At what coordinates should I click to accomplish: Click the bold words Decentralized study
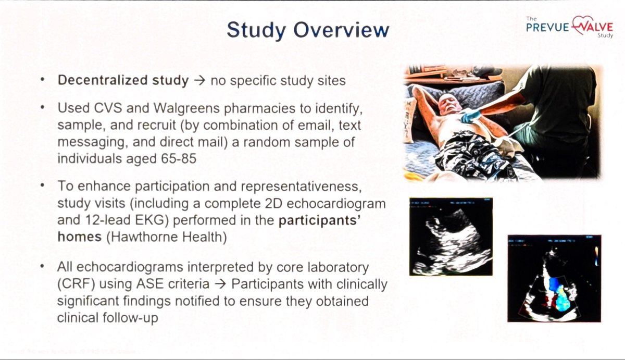[123, 81]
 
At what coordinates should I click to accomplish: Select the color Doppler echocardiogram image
[554, 278]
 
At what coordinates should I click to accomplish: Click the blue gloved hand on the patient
[471, 116]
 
